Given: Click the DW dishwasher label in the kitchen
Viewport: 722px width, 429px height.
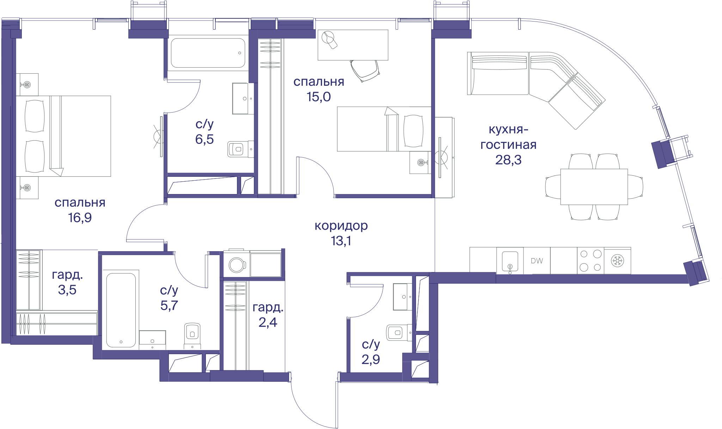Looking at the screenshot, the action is [x=537, y=261].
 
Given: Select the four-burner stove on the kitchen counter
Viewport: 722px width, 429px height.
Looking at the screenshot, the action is [x=591, y=261].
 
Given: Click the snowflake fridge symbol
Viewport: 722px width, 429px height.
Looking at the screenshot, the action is [x=617, y=261].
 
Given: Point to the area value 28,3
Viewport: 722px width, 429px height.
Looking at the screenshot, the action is [x=508, y=160].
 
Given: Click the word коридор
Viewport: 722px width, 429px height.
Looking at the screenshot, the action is [x=341, y=225].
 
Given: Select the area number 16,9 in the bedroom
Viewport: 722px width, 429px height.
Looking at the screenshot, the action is [x=80, y=217].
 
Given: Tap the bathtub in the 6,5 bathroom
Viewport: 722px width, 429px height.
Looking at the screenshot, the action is [x=208, y=53].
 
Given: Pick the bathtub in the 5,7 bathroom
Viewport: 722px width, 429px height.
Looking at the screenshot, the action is [x=121, y=310].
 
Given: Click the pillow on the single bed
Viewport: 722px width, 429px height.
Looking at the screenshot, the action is [x=413, y=131].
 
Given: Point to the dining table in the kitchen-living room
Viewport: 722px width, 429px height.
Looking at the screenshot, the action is [x=594, y=187].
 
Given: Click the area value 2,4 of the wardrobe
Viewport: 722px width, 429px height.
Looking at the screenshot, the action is [x=268, y=322].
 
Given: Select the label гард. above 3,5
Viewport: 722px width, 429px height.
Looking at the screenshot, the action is [x=67, y=275].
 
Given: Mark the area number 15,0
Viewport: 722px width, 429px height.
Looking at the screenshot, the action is [x=319, y=97].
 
